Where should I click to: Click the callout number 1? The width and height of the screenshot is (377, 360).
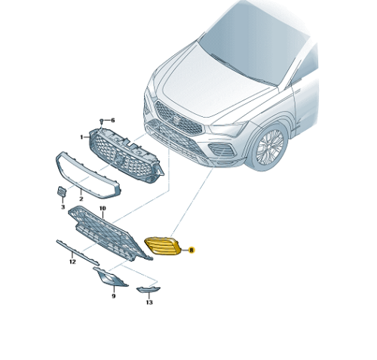pyautogui.click(x=81, y=137)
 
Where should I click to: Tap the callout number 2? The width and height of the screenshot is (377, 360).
pyautogui.click(x=81, y=199)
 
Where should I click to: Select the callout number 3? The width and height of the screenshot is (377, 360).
pyautogui.click(x=63, y=207)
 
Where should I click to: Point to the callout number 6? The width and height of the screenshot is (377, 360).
pyautogui.click(x=112, y=121)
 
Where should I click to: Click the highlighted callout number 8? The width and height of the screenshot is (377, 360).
pyautogui.click(x=192, y=250)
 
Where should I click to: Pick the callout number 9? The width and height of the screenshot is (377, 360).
pyautogui.click(x=114, y=296)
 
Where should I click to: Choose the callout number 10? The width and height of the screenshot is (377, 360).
pyautogui.click(x=103, y=208)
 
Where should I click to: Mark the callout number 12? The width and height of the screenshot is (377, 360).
pyautogui.click(x=72, y=262)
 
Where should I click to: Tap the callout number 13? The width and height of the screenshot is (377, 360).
pyautogui.click(x=149, y=302)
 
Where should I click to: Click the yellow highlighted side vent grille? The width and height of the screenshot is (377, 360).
pyautogui.click(x=163, y=246)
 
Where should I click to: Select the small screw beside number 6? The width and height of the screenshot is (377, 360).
pyautogui.click(x=102, y=122)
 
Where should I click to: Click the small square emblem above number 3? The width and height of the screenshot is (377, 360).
pyautogui.click(x=62, y=192)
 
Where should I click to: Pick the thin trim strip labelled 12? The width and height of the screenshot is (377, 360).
pyautogui.click(x=78, y=253)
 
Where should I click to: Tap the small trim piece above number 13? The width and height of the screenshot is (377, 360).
pyautogui.click(x=149, y=290)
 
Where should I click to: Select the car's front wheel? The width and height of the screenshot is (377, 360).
pyautogui.click(x=270, y=147)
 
